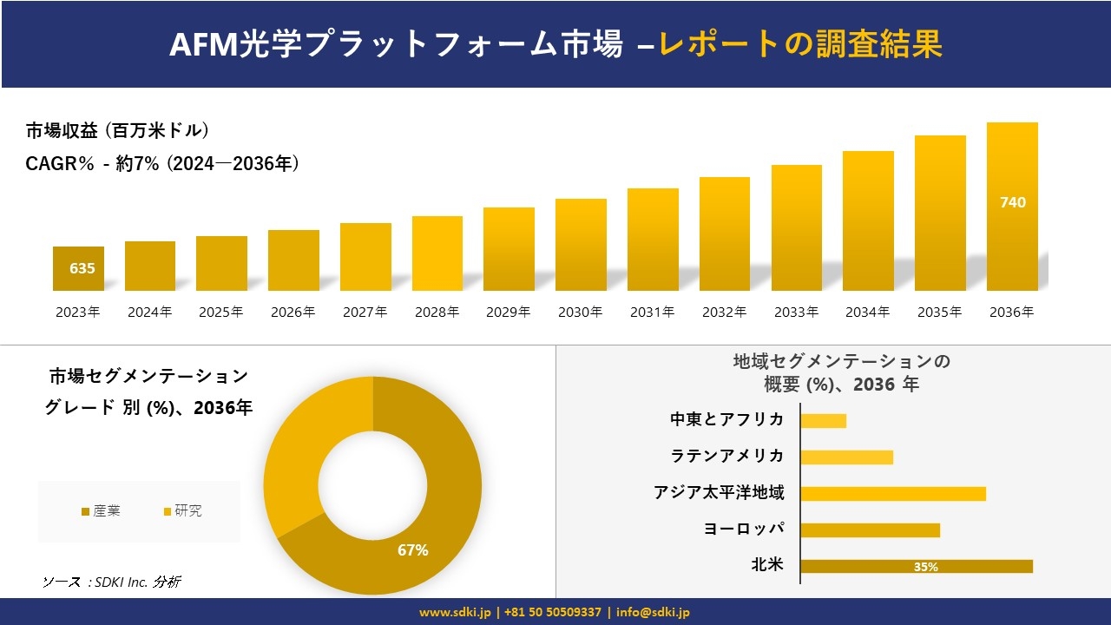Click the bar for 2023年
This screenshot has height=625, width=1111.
tap(78, 268)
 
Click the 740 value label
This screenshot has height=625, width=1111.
tap(1012, 202)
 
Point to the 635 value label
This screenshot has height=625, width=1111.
tap(82, 268)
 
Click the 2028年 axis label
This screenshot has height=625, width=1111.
tap(437, 312)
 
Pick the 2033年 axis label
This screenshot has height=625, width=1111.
tap(796, 312)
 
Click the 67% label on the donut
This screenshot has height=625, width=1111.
tap(412, 550)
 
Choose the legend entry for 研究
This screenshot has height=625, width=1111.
tap(182, 510)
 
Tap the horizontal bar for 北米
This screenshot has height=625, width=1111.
tap(916, 566)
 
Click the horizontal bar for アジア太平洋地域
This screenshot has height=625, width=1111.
tap(892, 493)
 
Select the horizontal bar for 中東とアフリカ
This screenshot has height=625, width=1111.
tap(823, 420)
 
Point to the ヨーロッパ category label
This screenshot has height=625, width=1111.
tap(744, 530)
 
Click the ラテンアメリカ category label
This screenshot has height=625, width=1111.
tap(726, 457)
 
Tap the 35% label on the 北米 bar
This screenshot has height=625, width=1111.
tap(925, 567)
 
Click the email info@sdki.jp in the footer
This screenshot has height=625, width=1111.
tap(654, 612)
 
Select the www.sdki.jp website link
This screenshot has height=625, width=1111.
tap(455, 612)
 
